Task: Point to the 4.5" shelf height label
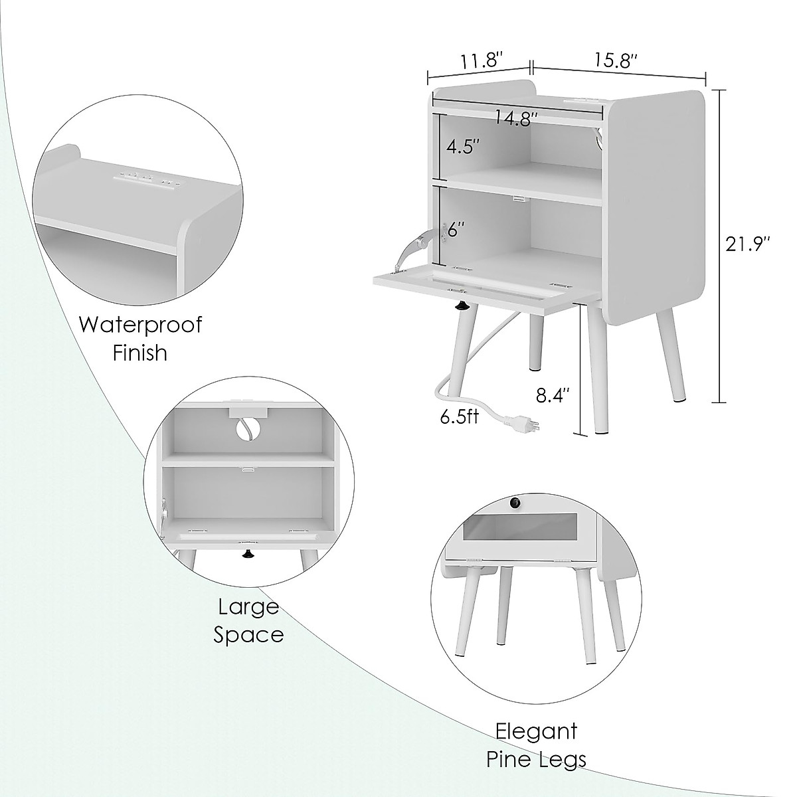463,147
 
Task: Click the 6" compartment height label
455,230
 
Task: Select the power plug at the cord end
523,423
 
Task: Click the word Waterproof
140,325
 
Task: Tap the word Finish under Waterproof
139,353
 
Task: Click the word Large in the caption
248,606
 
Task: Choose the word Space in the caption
248,634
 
